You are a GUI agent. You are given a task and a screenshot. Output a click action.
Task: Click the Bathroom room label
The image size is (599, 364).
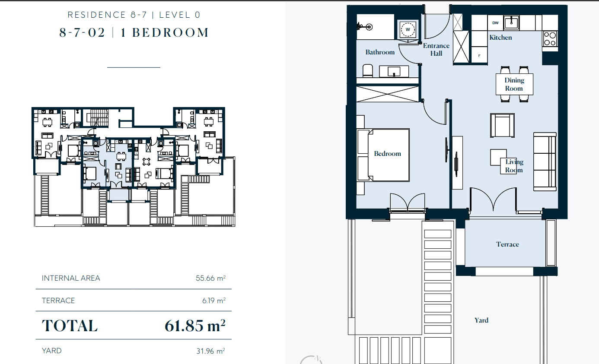point(380,52)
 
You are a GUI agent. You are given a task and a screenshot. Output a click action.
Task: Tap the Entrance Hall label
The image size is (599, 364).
point(436,50)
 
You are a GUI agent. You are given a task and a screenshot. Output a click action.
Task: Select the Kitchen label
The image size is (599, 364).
point(500,38)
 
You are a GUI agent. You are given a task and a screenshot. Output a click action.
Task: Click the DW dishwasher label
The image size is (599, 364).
point(495,23)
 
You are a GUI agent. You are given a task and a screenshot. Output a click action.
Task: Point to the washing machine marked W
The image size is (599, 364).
point(408,29)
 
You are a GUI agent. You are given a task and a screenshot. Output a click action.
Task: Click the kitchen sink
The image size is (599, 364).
point(512,22)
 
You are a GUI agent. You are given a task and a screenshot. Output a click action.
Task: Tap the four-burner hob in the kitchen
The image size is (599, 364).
point(550,39)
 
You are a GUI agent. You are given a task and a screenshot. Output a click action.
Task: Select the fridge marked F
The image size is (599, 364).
point(479,55)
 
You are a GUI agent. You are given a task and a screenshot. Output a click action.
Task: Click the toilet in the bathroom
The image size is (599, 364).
point(368,71)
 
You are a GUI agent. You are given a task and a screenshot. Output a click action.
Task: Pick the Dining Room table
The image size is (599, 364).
point(514,84)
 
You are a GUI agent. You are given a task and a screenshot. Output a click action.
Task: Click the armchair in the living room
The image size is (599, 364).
point(502,125)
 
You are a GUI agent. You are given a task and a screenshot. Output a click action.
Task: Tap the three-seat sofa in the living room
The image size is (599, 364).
point(545,161)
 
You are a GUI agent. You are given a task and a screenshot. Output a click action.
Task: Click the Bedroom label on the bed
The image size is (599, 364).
point(388,154)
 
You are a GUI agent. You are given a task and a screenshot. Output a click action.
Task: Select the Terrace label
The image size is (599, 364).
point(507,244)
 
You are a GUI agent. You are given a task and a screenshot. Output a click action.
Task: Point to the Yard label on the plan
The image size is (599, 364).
point(481,320)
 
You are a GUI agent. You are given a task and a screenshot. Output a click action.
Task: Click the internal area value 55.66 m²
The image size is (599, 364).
point(211,278)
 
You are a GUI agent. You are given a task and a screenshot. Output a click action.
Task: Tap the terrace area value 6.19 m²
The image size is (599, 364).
point(214,301)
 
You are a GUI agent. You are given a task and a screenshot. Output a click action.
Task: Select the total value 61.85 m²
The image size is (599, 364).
point(195,326)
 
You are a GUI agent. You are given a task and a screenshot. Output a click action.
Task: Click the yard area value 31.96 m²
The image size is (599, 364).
point(211,351)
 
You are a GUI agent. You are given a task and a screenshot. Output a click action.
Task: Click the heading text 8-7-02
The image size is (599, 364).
point(82,33)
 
